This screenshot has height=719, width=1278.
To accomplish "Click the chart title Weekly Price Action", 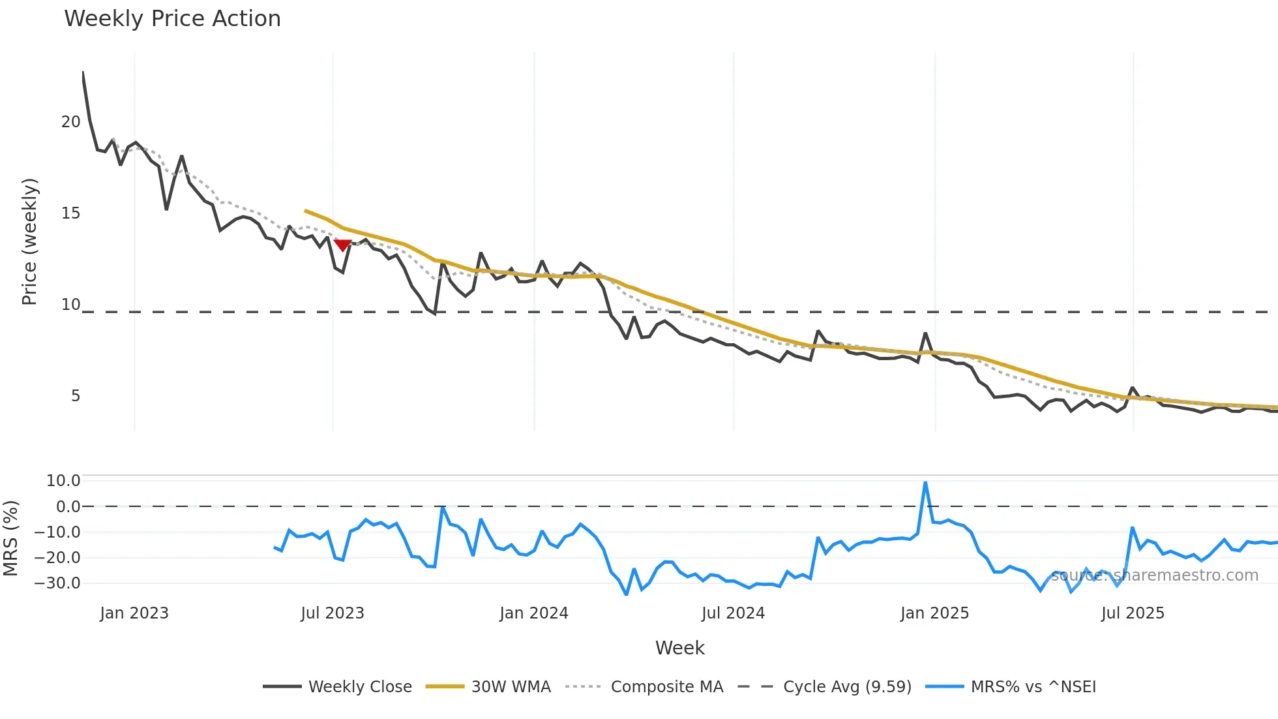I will click(172, 19).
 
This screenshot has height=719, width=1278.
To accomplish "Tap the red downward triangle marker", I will click(342, 245).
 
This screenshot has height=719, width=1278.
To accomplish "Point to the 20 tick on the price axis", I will click(70, 122).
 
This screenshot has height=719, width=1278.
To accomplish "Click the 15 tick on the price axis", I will click(70, 213).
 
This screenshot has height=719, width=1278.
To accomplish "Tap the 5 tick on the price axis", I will click(76, 396).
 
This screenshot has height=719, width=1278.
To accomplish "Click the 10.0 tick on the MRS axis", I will click(63, 481).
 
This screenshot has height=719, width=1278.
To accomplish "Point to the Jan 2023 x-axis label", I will click(134, 613).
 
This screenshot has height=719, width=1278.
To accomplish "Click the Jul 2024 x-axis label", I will click(733, 613).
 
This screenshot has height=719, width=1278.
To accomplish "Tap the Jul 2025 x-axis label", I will click(1133, 613).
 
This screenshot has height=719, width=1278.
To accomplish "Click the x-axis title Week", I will click(679, 648).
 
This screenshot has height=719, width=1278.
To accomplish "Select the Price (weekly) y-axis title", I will click(29, 241).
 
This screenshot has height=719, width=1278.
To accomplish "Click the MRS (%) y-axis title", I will click(10, 538).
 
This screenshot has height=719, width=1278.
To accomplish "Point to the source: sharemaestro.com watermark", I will click(1154, 575).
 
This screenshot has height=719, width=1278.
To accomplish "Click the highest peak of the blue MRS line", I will click(925, 483).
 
